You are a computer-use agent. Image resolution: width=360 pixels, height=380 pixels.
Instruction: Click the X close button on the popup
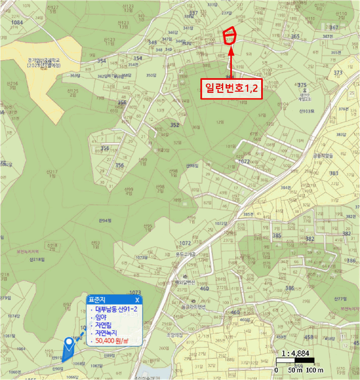click(x=137, y=300)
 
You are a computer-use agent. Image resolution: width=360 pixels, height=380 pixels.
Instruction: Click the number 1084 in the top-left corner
click(x=17, y=22)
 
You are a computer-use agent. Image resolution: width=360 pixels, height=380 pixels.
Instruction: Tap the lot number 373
click(x=338, y=73)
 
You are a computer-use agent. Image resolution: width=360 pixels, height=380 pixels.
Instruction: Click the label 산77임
click(x=340, y=299)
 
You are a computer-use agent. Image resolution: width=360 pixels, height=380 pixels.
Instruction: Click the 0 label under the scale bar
click(x=276, y=371)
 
